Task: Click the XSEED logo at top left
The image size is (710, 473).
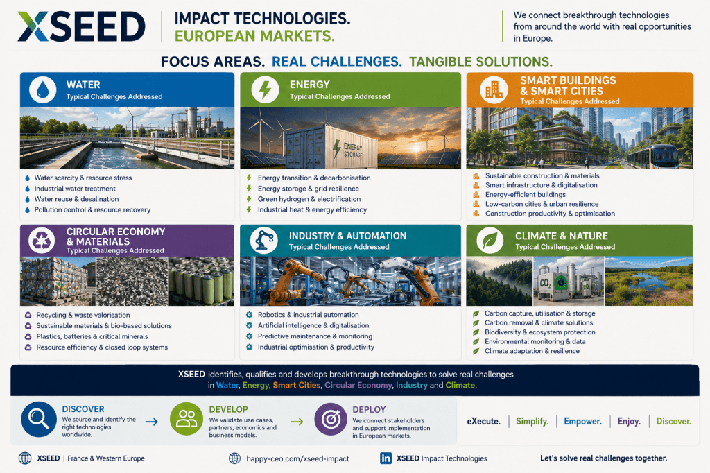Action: (82, 27)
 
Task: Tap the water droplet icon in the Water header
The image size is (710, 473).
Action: (42, 89)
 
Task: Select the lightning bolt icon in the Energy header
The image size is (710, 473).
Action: (265, 89)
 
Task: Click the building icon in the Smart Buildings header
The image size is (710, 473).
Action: (494, 89)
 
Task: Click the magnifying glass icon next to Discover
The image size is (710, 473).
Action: (39, 419)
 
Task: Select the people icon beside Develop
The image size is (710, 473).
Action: (186, 419)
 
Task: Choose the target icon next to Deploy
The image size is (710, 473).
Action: (331, 420)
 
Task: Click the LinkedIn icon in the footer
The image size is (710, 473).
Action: (386, 458)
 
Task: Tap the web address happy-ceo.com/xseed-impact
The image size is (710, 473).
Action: (297, 458)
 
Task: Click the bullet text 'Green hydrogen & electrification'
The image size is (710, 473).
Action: (309, 199)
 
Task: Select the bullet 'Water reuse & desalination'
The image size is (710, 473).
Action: (76, 199)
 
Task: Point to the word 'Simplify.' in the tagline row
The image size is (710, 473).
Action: (532, 422)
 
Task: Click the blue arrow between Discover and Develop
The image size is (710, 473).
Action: (152, 422)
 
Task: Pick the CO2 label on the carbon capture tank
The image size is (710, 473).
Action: (546, 284)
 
